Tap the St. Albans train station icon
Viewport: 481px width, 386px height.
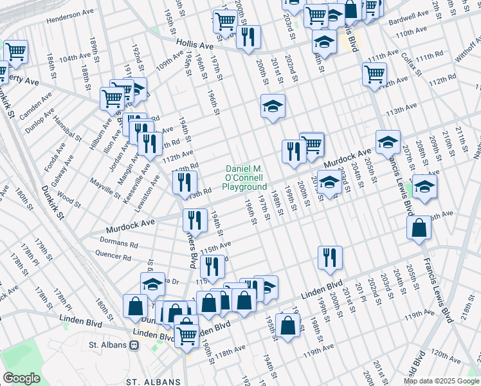pos(134,345)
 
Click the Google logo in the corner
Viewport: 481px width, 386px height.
pos(21,378)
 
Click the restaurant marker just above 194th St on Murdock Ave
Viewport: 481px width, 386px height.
pos(194,220)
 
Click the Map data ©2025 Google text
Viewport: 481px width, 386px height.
pos(440,381)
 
